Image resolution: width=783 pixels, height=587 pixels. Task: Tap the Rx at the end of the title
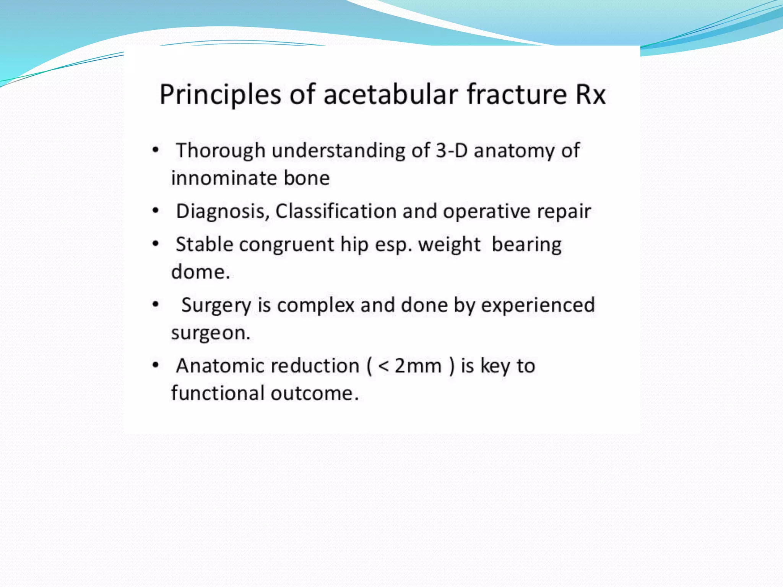591,95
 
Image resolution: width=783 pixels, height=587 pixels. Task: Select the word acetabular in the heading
390,94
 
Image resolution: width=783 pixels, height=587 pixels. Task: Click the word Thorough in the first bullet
221,150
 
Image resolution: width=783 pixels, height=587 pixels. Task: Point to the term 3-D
452,150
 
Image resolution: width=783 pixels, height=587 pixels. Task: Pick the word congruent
287,245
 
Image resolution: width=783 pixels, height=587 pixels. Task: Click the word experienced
538,305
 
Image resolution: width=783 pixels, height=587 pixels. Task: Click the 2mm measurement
418,366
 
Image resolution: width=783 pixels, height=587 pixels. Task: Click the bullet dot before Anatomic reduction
155,365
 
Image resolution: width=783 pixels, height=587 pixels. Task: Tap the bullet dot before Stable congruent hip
155,243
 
